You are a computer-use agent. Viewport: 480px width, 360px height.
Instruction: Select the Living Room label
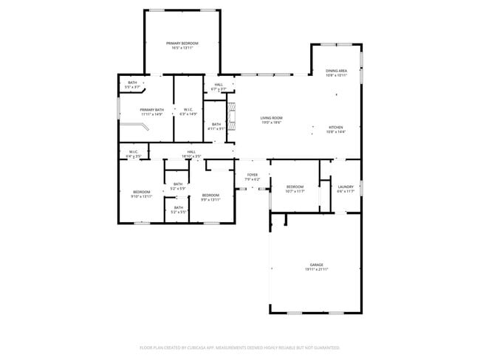271,120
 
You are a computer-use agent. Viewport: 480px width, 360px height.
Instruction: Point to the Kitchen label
336,130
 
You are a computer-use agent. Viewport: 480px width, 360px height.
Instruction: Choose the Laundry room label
346,189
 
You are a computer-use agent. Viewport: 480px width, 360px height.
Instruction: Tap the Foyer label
253,177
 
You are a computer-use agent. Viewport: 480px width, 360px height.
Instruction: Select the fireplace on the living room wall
233,117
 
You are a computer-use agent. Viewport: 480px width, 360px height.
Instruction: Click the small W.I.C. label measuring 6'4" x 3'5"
134,154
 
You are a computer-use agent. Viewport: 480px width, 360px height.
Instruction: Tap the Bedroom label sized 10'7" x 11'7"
295,189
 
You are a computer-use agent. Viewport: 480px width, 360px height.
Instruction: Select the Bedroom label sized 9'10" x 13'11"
142,194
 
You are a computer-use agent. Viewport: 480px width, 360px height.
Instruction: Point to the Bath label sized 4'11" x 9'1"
216,126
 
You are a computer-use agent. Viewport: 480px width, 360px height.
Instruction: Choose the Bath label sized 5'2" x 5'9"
177,187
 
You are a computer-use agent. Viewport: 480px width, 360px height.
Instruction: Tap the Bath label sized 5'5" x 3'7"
132,84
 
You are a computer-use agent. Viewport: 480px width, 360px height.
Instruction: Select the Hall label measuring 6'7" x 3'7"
219,86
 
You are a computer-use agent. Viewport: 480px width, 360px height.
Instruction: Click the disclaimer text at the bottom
239,347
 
